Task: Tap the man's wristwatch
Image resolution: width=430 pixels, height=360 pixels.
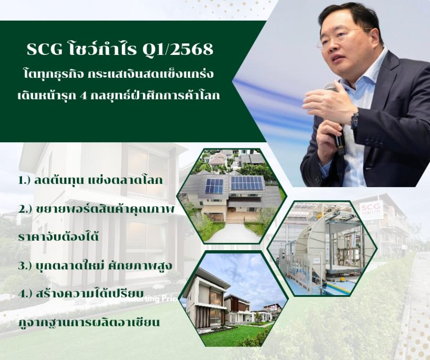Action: [355, 120]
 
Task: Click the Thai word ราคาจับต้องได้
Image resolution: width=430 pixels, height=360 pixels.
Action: [58, 237]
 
